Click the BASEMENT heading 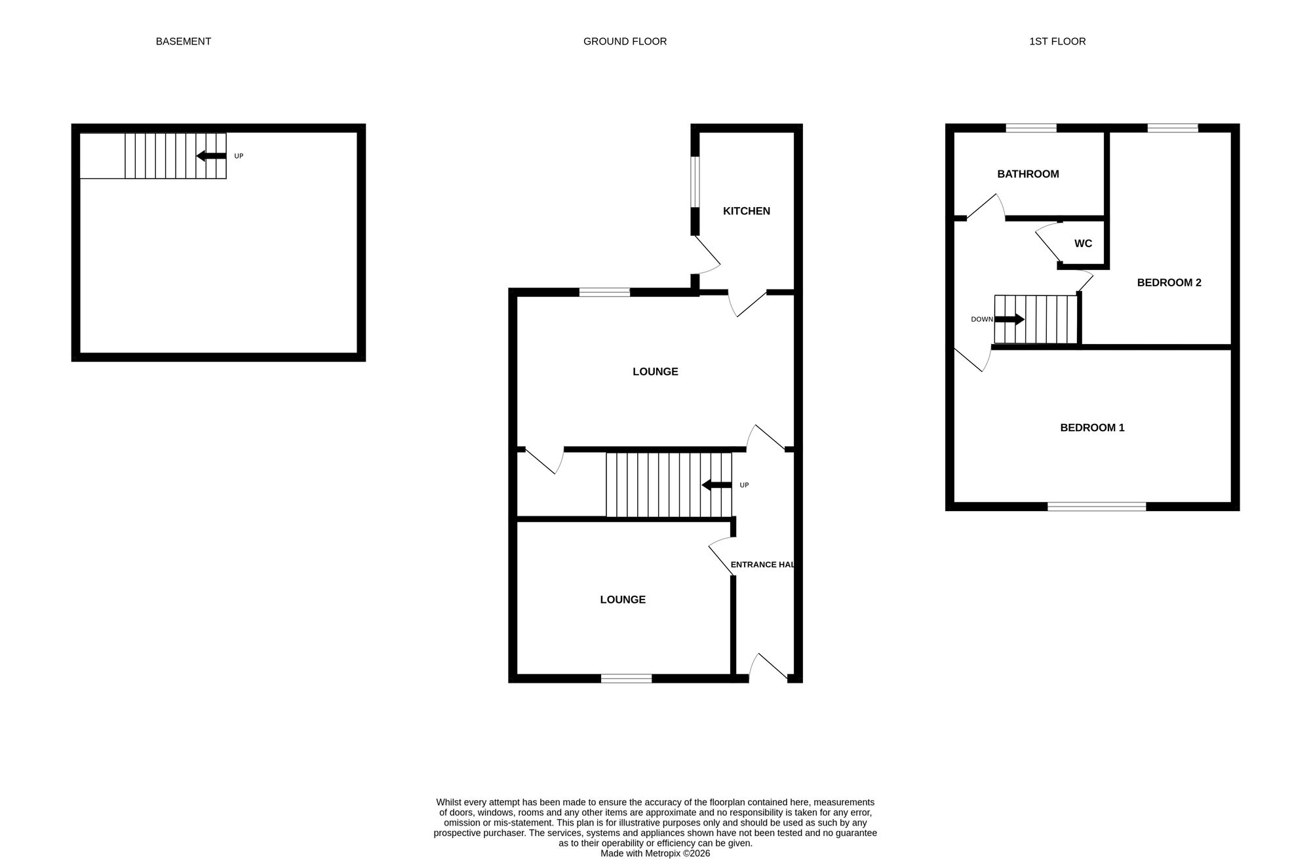point(183,41)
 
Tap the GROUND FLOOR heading point(625,41)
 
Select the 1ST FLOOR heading point(1057,41)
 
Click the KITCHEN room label point(746,211)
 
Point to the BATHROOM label point(1028,174)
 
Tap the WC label point(1083,244)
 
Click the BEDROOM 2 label point(1169,282)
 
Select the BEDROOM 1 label point(1092,428)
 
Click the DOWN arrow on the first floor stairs point(1009,319)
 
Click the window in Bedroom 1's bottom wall point(1097,506)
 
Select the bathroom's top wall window point(1031,128)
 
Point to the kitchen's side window point(695,181)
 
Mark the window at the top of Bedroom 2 point(1173,128)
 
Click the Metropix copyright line point(655,853)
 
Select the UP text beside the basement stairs point(239,156)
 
